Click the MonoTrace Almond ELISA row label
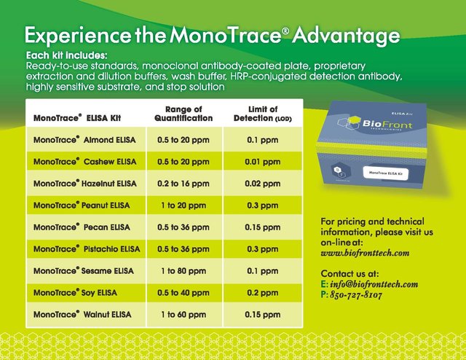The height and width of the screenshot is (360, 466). [84, 140]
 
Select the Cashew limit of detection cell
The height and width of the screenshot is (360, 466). [263, 162]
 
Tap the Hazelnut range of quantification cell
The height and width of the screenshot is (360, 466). [183, 183]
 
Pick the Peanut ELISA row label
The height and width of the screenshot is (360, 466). [82, 206]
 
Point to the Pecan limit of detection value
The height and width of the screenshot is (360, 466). [263, 227]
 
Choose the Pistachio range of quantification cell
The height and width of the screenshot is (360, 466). [183, 249]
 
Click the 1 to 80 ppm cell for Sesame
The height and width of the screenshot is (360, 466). [183, 271]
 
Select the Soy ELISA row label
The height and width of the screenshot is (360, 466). [75, 293]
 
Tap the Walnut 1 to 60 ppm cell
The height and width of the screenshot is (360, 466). [183, 315]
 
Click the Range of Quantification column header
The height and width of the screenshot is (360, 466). [183, 114]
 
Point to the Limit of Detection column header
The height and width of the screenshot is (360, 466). [263, 114]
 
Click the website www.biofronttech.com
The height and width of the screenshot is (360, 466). [365, 253]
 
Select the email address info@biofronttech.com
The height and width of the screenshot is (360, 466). [374, 284]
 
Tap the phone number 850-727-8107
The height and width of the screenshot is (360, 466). [356, 295]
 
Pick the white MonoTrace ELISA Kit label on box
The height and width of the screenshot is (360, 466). [386, 173]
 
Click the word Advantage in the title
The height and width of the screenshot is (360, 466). [346, 36]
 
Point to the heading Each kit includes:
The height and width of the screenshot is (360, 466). [66, 55]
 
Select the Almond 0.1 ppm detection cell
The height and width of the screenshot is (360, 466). [263, 140]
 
